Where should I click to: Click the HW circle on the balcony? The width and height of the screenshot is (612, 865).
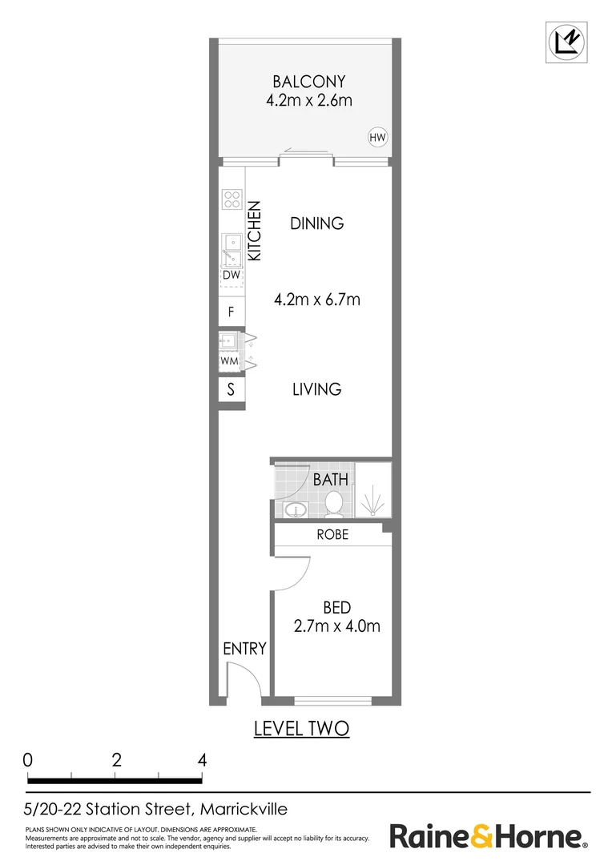377,138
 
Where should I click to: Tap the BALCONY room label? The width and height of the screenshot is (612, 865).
308,81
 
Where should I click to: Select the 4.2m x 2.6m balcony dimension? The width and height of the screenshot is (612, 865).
308,101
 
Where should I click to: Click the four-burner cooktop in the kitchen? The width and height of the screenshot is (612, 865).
232,199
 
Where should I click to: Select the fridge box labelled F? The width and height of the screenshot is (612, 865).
232,312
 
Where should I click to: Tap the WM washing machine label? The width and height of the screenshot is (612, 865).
230,361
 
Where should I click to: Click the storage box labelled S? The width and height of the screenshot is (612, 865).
232,390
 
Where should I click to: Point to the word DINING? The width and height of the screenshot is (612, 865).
317,223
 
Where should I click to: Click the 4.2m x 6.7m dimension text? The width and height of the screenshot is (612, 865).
317,300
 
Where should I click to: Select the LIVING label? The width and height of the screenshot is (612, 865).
317,389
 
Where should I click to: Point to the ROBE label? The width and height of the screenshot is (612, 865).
332,534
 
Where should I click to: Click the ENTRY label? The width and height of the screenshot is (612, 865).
244,649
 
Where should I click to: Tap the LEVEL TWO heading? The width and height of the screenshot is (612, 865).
301,729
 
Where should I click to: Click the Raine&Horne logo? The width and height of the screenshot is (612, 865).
488,837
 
